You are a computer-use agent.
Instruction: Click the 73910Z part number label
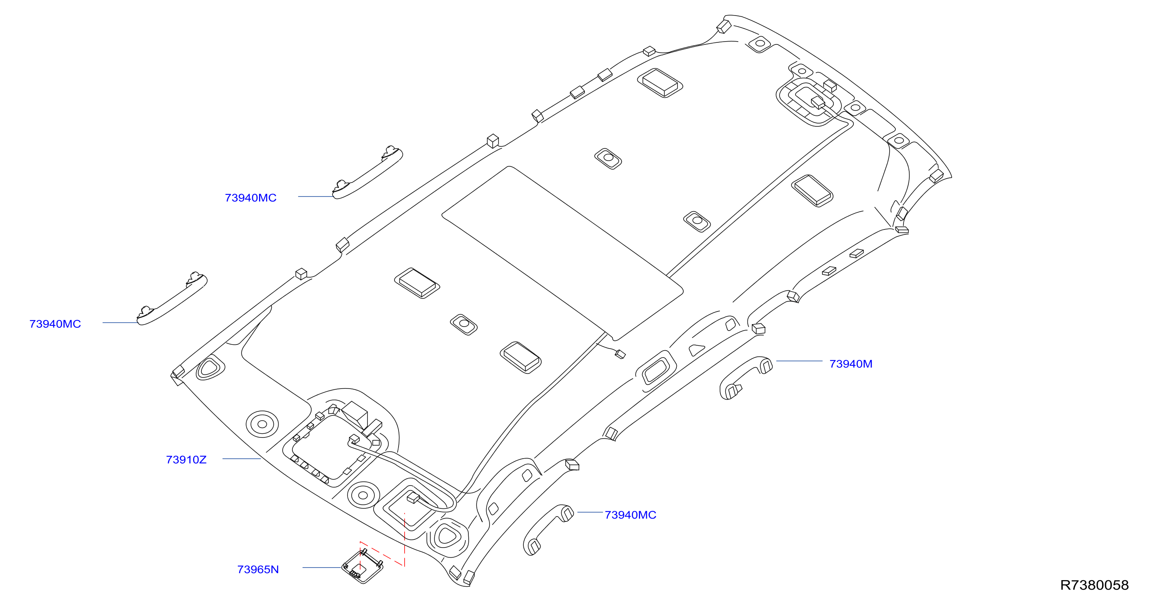[186, 460]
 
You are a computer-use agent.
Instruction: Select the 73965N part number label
[258, 570]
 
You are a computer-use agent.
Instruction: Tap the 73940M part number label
[851, 364]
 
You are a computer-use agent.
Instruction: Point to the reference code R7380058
[1094, 585]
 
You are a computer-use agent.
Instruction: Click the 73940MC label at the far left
[55, 324]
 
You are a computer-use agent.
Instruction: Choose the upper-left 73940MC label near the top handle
[250, 198]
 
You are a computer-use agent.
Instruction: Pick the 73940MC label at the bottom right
[630, 515]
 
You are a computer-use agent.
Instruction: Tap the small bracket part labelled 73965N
[363, 566]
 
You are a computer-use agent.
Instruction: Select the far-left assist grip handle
[172, 299]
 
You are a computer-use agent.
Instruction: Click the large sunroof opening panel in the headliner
[563, 253]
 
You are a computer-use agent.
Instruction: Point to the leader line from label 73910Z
[241, 459]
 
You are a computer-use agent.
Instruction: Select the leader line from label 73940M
[800, 361]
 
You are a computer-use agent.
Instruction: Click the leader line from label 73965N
[322, 567]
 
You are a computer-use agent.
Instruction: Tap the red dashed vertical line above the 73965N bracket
[405, 539]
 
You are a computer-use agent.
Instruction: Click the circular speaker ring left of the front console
[262, 424]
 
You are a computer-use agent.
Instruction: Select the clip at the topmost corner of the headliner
[724, 26]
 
